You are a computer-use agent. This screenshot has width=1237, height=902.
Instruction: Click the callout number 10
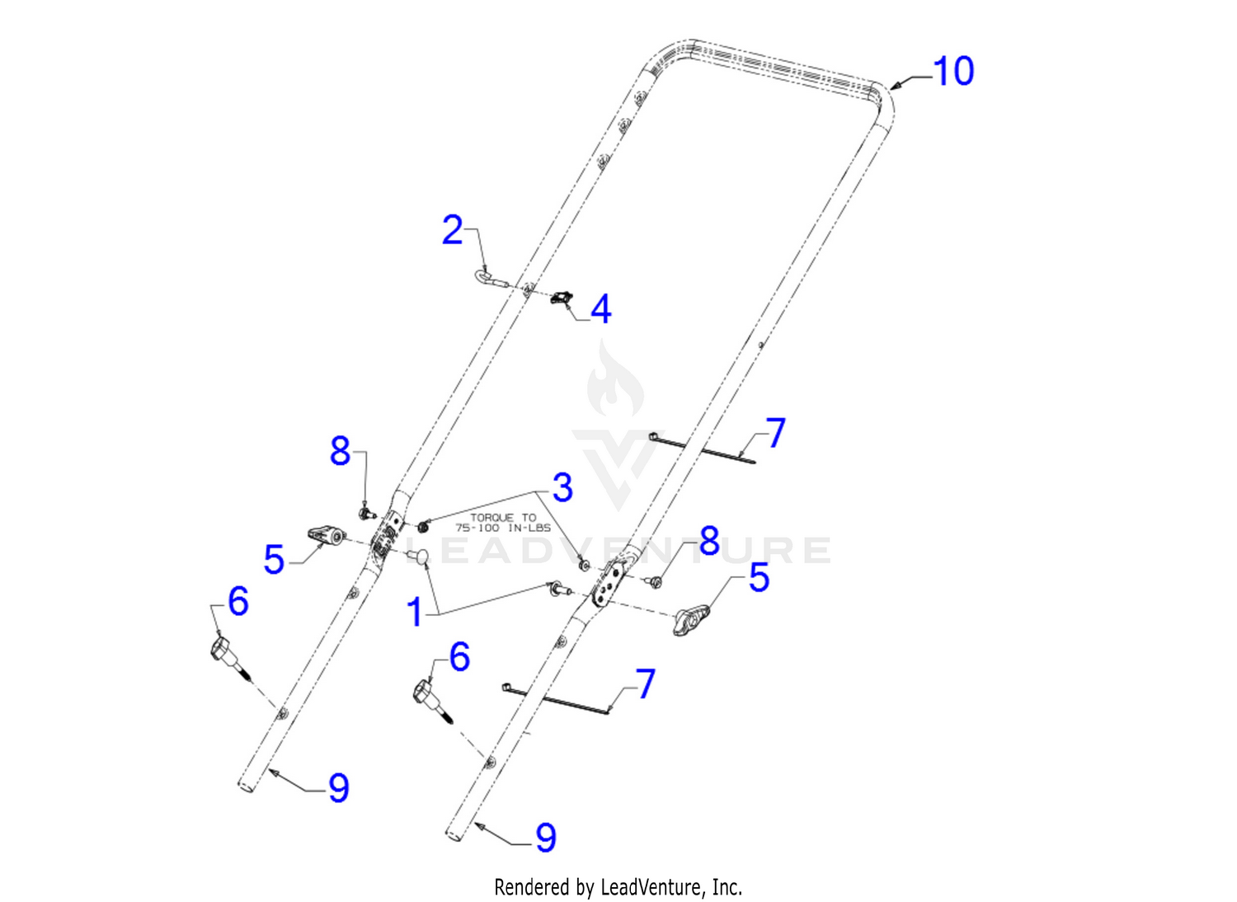[953, 71]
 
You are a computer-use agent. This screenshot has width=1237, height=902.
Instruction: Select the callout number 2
[452, 230]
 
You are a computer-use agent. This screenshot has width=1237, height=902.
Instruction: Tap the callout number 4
[601, 309]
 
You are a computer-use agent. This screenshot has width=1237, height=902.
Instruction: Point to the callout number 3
[562, 488]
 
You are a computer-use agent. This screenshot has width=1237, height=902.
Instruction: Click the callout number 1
[416, 613]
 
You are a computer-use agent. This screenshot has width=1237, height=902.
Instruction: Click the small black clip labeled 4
[561, 298]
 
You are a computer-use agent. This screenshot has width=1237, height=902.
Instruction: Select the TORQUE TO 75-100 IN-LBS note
[502, 522]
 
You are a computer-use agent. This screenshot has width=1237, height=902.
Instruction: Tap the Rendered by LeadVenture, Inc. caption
[618, 887]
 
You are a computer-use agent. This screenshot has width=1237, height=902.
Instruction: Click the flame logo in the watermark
[615, 381]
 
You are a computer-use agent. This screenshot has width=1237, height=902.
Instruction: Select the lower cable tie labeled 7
[554, 699]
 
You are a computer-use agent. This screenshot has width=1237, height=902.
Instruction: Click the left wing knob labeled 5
[325, 535]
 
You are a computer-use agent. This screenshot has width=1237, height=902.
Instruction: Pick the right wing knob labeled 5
[691, 619]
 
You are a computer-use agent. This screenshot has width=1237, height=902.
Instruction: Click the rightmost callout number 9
[546, 838]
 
